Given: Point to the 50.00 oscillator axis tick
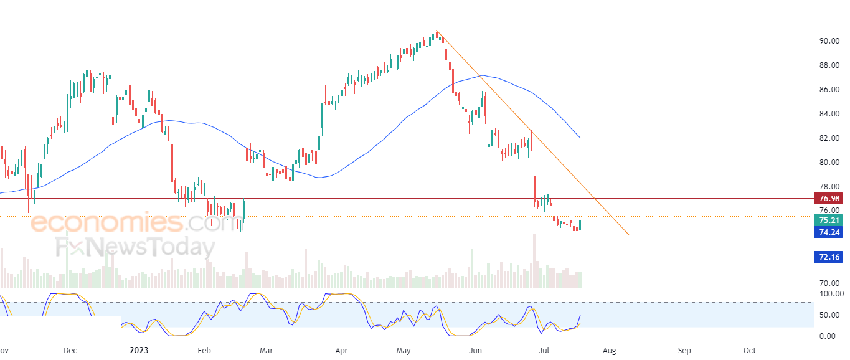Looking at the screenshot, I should pos(830,315).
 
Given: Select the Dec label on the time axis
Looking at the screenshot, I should pos(70,350).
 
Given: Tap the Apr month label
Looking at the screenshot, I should pos(341,350).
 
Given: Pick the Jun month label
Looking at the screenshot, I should pos(476,350).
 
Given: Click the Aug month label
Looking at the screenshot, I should pos(610,350).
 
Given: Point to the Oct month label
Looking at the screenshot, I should pos(750,350).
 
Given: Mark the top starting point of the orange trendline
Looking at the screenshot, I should pos(437,31).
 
